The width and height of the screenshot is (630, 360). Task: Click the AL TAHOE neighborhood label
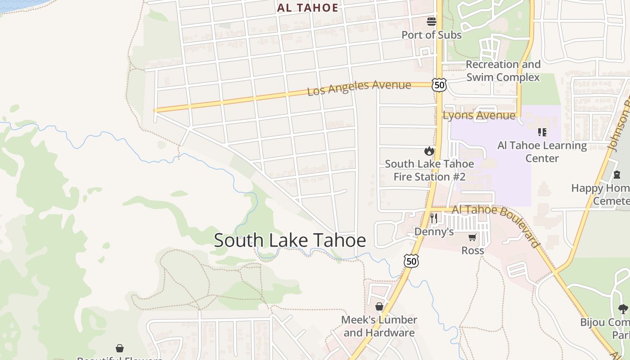(x=308, y=8)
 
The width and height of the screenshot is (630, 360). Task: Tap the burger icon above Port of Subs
(x=432, y=21)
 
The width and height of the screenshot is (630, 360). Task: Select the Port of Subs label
(x=431, y=35)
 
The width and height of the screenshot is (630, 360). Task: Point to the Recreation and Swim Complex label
(x=503, y=71)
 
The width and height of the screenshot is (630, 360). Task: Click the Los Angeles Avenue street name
(x=359, y=88)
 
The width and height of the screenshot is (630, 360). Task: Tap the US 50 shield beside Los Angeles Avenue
(x=439, y=84)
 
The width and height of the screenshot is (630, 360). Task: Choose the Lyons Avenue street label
(x=479, y=116)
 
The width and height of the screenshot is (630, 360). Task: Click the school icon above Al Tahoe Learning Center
(x=542, y=132)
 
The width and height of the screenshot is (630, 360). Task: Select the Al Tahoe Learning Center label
(x=542, y=152)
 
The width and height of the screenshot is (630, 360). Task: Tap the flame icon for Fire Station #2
(x=429, y=151)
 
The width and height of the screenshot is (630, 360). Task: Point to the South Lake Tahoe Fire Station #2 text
(x=429, y=170)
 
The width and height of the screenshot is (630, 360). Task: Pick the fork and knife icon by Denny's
(x=434, y=218)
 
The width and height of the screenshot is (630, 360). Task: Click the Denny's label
(x=434, y=232)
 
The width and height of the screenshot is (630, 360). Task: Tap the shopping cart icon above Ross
(x=472, y=237)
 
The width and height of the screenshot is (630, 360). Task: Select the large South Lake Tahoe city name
(x=290, y=240)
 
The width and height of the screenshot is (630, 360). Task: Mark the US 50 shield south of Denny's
(x=411, y=261)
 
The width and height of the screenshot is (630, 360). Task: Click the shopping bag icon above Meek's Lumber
(x=379, y=306)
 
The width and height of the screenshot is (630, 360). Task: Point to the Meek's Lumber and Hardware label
(x=379, y=326)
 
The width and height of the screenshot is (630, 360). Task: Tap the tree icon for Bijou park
(x=623, y=309)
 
